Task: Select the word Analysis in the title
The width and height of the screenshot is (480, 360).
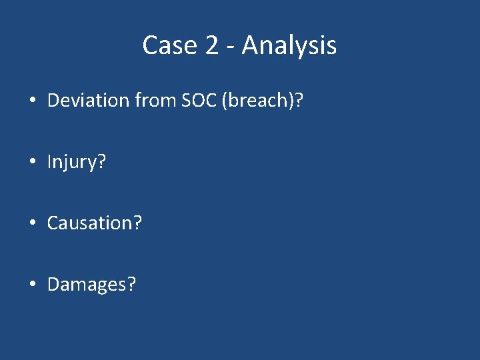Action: point(289,45)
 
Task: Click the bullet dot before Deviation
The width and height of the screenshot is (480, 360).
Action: point(32,101)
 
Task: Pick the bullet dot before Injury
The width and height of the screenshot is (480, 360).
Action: point(32,162)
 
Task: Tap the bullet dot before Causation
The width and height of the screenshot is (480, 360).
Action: point(32,223)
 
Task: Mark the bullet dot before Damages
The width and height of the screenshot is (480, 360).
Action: point(32,285)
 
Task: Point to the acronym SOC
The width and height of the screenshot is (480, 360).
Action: point(197,101)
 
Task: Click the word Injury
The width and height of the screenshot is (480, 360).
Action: point(72,162)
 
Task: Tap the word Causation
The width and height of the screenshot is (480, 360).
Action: point(89,223)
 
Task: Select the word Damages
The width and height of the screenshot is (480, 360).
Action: point(87,285)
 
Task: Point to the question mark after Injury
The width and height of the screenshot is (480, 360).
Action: point(101,162)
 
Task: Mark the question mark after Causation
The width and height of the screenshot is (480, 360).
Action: point(137,223)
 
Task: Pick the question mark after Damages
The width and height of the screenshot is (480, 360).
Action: point(131,285)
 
